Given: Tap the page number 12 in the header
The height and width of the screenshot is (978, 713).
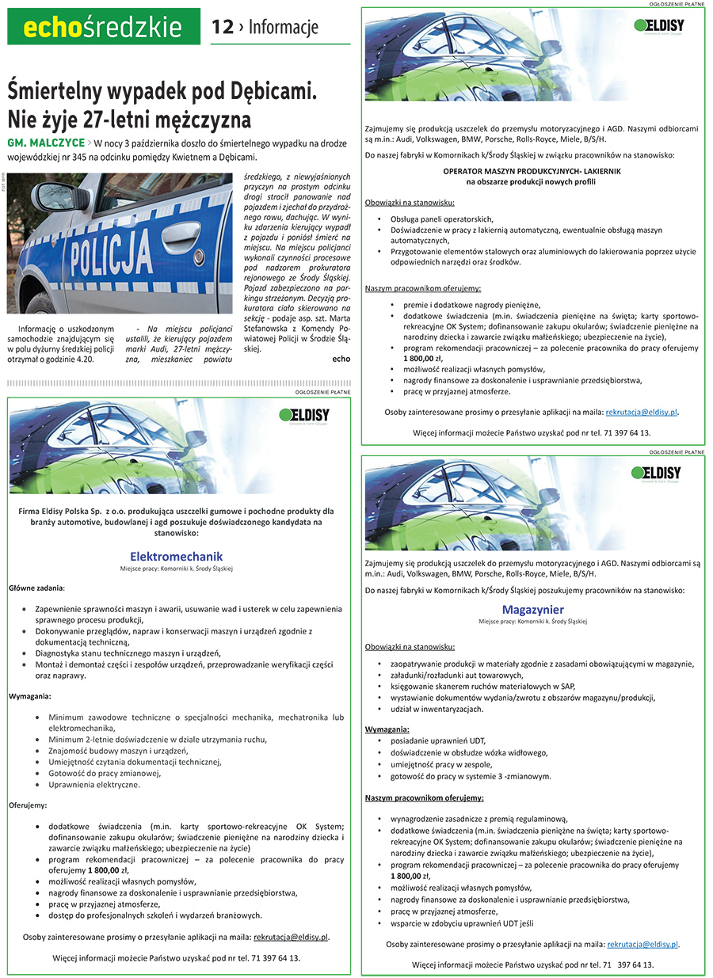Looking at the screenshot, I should point(223,28).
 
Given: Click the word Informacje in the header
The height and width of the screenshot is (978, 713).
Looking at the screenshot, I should point(283,28).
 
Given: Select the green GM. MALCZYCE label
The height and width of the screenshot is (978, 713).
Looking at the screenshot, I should point(45,144).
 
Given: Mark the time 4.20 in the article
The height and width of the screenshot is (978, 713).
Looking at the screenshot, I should point(83,359).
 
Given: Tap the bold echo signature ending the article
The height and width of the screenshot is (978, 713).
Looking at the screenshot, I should point(341,359).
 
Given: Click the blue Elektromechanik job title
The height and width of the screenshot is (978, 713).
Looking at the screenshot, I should point(177,556).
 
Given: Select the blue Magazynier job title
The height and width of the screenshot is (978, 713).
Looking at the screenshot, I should point(532,609).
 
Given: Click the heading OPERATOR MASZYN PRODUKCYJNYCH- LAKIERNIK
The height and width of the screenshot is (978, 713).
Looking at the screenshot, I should point(532,170).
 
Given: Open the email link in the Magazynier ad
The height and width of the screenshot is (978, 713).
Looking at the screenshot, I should point(642,944).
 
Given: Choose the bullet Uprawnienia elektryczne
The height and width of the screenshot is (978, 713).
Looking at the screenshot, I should point(94,785).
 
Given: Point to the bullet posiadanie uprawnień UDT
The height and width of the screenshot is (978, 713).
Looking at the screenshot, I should point(438,740).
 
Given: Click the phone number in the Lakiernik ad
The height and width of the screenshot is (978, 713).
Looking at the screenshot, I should point(625,432).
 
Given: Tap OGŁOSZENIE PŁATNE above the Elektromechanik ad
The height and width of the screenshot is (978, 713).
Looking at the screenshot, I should point(322,392).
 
